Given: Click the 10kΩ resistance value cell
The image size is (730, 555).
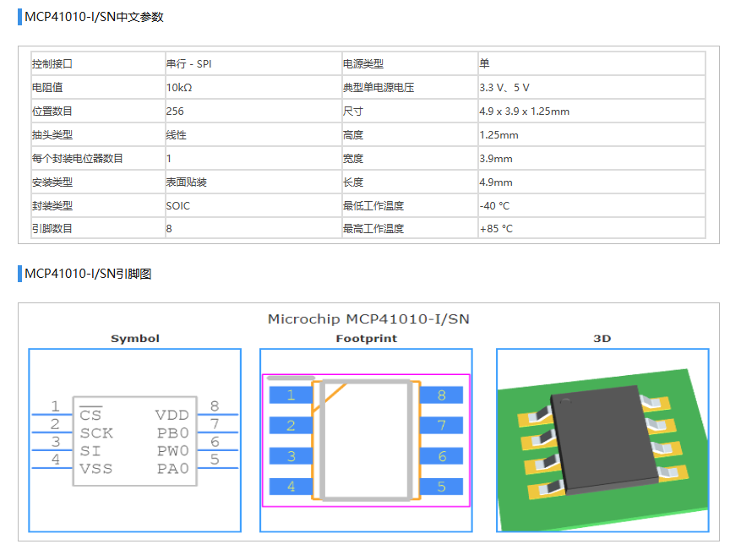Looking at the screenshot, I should [179, 88].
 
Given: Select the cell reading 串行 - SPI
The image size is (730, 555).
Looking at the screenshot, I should [188, 64].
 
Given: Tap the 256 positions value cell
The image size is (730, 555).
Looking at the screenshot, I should [175, 112].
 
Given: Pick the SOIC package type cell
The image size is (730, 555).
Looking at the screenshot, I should [178, 206].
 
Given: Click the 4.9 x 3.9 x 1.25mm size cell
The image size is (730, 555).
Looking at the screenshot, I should [524, 112].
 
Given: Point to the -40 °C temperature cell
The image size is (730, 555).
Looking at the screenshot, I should [494, 206].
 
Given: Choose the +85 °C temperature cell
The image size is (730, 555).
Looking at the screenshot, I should [496, 229].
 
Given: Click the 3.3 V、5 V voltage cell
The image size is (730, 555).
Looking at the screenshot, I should [504, 88].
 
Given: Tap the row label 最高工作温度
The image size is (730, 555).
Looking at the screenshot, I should [373, 229].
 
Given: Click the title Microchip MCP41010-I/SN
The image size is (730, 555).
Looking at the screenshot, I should [368, 318].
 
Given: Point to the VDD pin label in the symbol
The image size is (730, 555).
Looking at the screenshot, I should [172, 415].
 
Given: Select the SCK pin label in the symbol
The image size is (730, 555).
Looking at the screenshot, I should [96, 433].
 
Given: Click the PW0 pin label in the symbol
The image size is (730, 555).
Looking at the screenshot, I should [173, 451].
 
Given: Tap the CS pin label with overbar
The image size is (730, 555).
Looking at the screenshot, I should [90, 415].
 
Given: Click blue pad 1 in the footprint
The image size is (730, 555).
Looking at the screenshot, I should [290, 395].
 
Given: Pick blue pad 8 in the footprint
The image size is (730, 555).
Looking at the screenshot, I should [441, 395].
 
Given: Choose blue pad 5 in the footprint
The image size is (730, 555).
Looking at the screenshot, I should [441, 487].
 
